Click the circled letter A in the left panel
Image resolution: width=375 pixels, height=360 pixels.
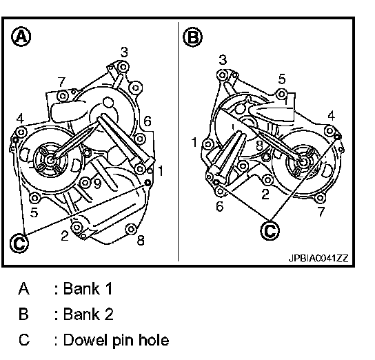[x=21, y=37]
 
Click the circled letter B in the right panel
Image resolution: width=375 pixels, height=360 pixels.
[x=192, y=37]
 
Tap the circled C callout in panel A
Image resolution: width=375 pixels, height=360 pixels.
[x=19, y=243]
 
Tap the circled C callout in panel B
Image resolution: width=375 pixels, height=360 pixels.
[x=270, y=230]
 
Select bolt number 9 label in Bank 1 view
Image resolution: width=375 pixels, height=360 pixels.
[x=97, y=183]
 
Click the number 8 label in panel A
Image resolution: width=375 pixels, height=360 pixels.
[x=141, y=241]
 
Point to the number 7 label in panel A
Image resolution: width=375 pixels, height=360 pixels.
[x=61, y=82]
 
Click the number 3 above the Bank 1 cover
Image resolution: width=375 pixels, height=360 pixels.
[x=124, y=52]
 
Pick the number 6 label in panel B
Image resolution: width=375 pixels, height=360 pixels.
[x=219, y=206]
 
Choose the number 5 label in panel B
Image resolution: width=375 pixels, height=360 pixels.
[x=282, y=79]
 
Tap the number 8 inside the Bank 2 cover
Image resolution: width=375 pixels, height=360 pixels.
[x=259, y=146]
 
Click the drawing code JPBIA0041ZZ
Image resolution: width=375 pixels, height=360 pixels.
[x=318, y=258]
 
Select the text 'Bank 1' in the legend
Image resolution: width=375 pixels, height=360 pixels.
[x=88, y=288]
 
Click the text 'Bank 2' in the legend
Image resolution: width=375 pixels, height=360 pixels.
[x=88, y=314]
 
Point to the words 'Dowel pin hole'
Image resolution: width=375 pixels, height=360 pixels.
[x=116, y=340]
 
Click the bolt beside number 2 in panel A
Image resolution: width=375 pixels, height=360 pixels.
[x=77, y=226]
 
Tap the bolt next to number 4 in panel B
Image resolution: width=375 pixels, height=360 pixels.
[x=330, y=131]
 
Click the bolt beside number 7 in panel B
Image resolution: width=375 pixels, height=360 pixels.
[x=320, y=198]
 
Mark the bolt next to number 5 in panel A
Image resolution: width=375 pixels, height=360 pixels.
[x=34, y=198]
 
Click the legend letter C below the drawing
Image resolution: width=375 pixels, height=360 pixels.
[x=24, y=340]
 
